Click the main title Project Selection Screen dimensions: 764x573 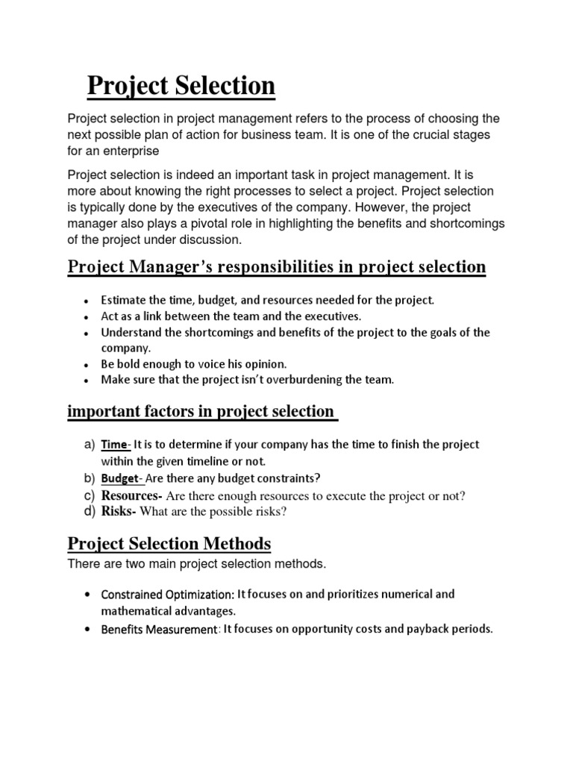pyautogui.click(x=181, y=87)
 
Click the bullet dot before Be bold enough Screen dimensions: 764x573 pyautogui.click(x=87, y=366)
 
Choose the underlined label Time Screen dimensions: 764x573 pyautogui.click(x=114, y=445)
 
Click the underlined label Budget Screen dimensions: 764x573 pyautogui.click(x=120, y=478)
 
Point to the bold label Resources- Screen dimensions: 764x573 pyautogui.click(x=132, y=495)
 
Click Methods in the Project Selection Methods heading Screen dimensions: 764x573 pyautogui.click(x=234, y=542)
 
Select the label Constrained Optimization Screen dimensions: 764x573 pyautogui.click(x=167, y=595)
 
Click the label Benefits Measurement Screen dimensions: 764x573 pyautogui.click(x=158, y=630)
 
